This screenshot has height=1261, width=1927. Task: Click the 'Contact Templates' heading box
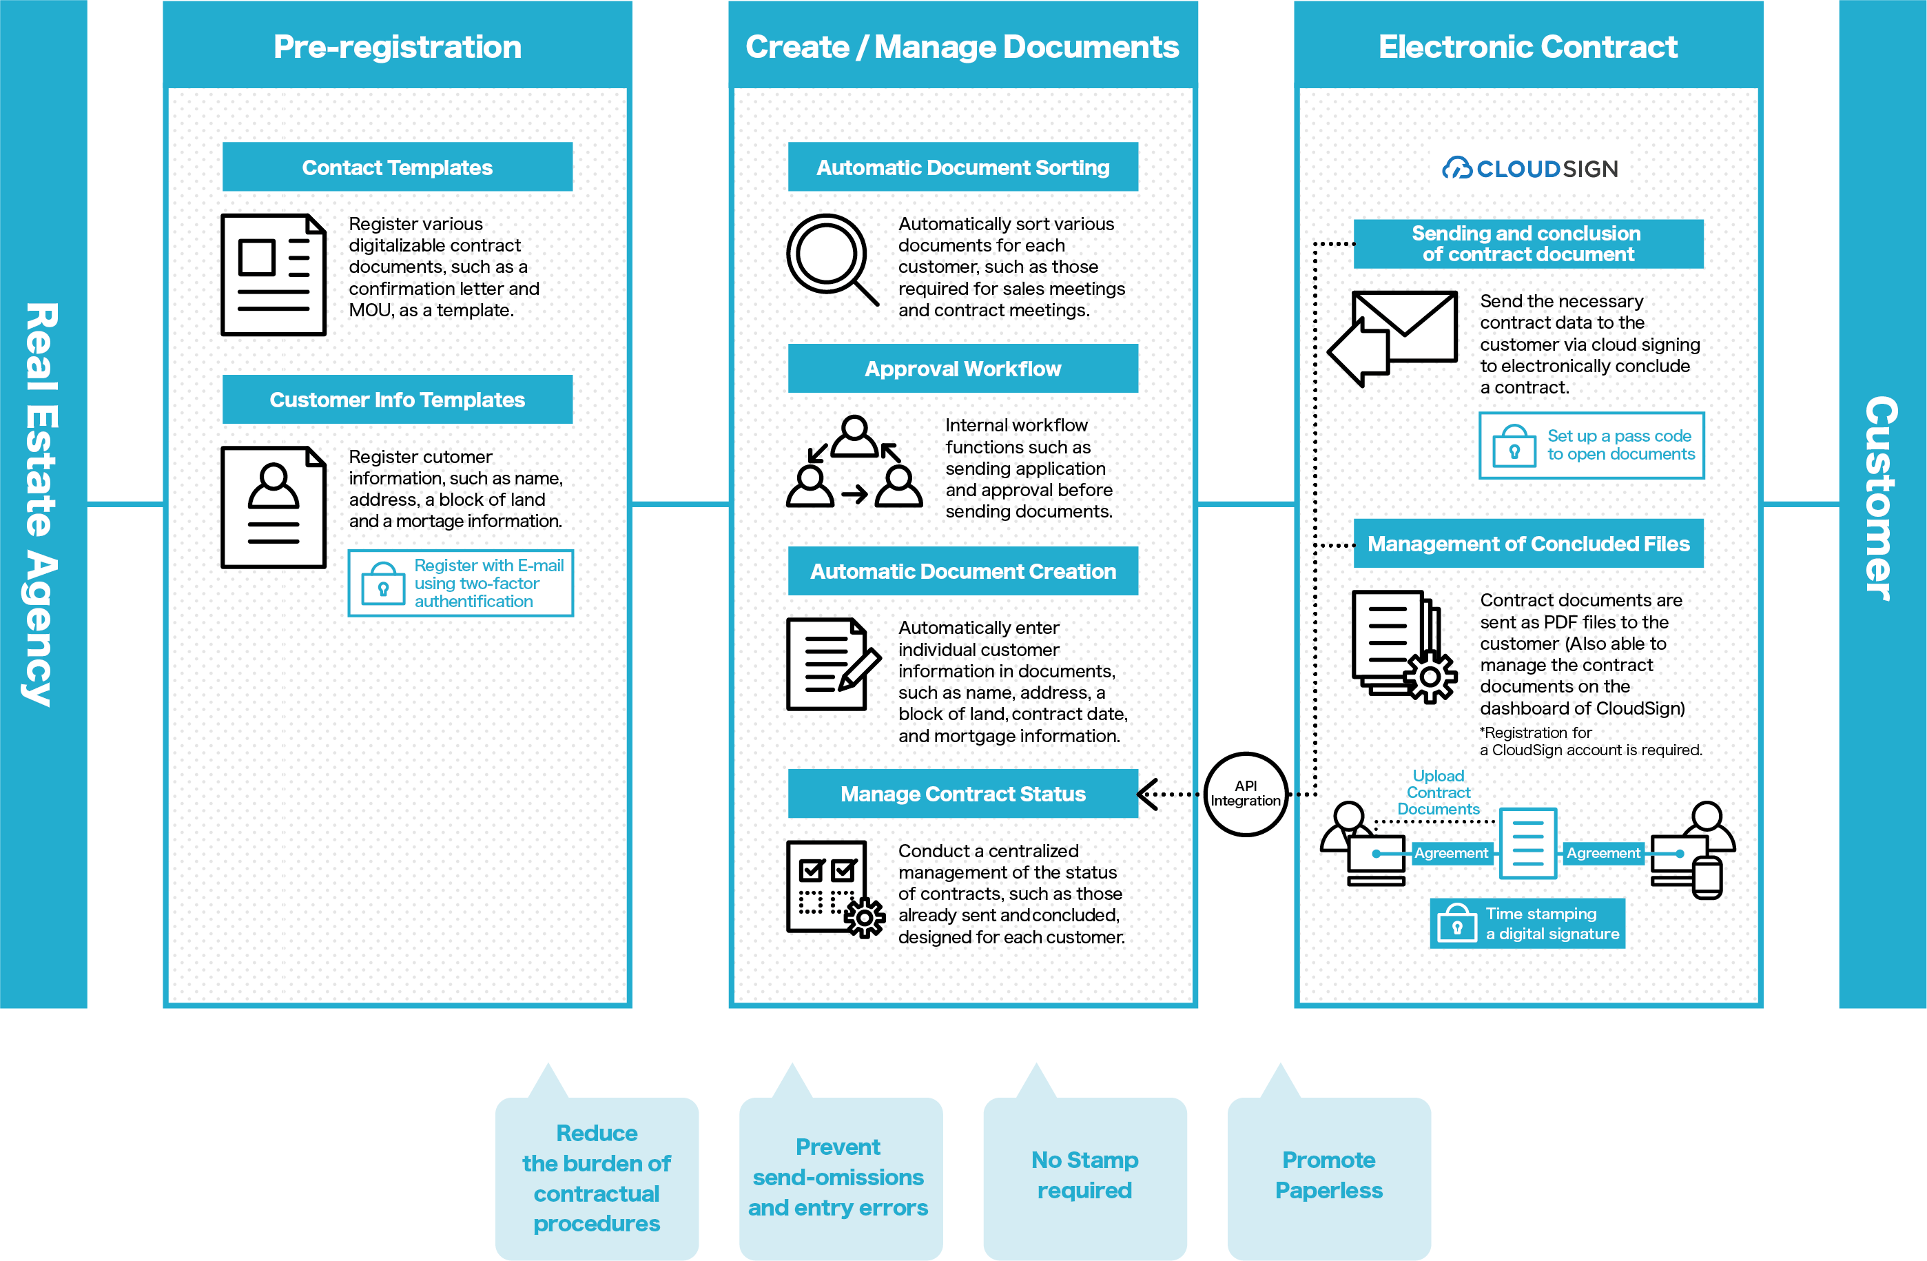(397, 167)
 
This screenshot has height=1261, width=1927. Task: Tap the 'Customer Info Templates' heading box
(397, 399)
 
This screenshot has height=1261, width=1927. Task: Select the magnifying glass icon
(832, 259)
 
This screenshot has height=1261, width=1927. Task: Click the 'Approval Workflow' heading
(962, 369)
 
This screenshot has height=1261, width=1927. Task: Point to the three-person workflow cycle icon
(854, 462)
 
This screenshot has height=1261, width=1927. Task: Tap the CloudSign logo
(1529, 168)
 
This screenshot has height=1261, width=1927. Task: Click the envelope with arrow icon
(1392, 338)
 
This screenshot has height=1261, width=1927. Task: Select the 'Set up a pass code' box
(1591, 445)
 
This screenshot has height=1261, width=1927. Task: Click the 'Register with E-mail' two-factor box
(461, 583)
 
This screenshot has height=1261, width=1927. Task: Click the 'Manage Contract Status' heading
(962, 794)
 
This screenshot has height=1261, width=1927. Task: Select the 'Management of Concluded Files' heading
(1529, 544)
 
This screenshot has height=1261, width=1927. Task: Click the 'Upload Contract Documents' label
(1438, 792)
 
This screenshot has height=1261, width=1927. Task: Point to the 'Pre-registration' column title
(398, 46)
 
